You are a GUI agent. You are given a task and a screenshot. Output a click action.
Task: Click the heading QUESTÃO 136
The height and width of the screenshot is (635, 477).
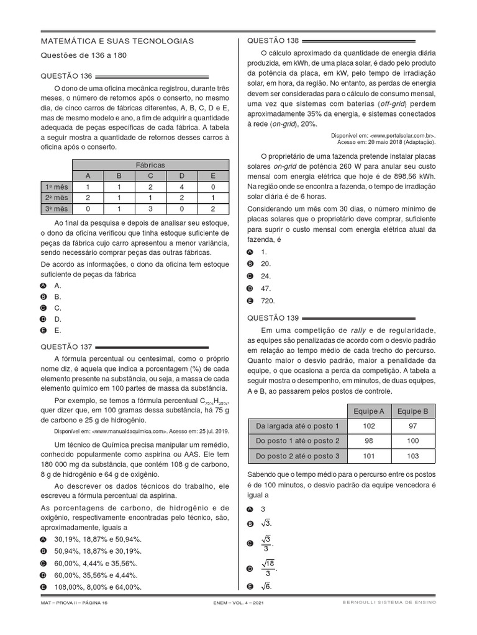point(66,76)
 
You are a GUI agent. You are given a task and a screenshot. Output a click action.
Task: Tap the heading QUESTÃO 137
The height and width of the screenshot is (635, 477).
point(66,347)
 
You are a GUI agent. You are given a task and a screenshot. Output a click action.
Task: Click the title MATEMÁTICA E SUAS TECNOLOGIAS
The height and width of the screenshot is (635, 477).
point(117,41)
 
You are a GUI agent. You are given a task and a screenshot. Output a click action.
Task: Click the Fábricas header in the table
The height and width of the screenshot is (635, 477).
point(149,165)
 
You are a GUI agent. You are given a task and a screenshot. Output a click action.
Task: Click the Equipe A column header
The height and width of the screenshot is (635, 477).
point(368,411)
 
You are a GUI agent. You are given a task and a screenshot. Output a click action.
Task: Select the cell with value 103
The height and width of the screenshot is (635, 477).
point(412,456)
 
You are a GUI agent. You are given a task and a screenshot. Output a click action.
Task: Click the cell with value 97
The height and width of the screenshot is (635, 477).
point(412,426)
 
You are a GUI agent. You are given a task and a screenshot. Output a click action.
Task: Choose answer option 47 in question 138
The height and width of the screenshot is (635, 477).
point(266,288)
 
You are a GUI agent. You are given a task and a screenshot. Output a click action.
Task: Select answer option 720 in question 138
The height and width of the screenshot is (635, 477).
point(268,301)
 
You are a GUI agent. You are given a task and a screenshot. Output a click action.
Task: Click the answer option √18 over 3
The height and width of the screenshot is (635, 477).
point(268,567)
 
